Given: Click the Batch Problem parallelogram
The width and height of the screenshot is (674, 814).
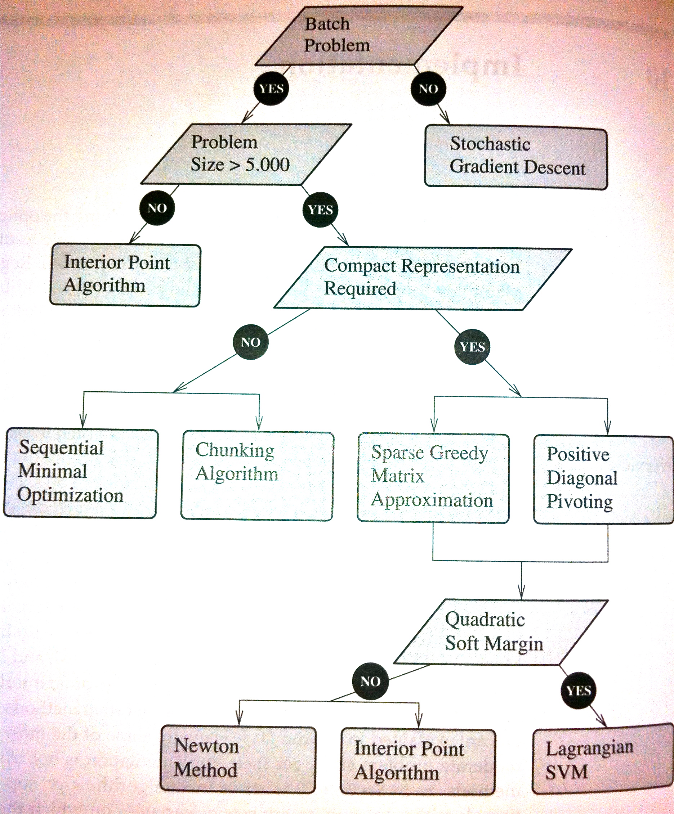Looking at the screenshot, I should click(x=359, y=36).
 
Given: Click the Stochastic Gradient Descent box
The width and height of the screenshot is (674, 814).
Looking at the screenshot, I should click(x=516, y=157).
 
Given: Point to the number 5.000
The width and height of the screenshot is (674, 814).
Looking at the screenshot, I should click(x=268, y=165).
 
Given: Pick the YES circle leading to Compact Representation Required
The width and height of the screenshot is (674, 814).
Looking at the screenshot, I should click(x=320, y=210).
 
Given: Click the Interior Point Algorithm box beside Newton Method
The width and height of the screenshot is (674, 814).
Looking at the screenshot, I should click(x=418, y=760).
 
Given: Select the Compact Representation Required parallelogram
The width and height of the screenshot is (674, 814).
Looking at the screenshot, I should click(x=423, y=278).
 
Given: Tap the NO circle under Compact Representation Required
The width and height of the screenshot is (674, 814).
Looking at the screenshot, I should click(x=250, y=342).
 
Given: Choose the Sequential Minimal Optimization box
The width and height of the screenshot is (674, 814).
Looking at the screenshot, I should click(x=81, y=473).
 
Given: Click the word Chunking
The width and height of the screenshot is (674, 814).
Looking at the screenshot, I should click(x=235, y=451).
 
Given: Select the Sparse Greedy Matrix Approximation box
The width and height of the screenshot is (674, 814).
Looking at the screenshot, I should click(x=433, y=478).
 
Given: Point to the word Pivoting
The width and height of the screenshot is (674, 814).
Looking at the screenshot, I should click(x=579, y=502).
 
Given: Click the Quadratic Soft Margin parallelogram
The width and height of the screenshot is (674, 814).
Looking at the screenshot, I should click(x=500, y=632).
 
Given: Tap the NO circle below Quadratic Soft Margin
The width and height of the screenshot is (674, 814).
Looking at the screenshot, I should click(x=370, y=681).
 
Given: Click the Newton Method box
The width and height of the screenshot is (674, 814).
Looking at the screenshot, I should click(x=238, y=759).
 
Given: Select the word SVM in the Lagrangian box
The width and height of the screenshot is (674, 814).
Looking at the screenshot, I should click(x=567, y=772).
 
